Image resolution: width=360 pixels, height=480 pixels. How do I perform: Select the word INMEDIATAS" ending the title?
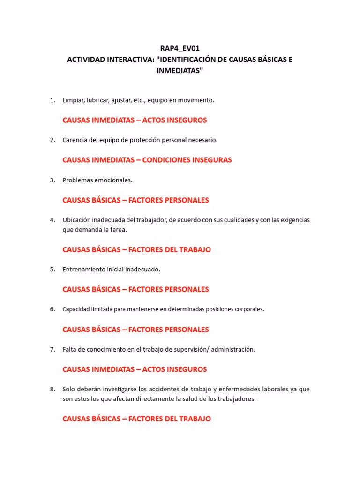coord(180,71)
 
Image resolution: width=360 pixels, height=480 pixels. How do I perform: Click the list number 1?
coord(52,100)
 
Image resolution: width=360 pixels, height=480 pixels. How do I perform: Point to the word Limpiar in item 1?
coord(73,100)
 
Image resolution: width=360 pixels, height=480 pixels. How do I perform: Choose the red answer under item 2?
coord(147,160)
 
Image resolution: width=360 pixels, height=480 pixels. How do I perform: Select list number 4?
coord(52,220)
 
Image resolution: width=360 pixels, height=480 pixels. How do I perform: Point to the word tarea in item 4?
coord(118,230)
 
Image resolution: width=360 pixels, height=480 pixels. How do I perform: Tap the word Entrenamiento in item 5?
coord(84,270)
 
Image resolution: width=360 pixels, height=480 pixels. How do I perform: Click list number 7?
coord(52,349)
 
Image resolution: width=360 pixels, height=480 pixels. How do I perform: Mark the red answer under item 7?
coord(135,369)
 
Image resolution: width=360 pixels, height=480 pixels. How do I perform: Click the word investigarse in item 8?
coord(123,389)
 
